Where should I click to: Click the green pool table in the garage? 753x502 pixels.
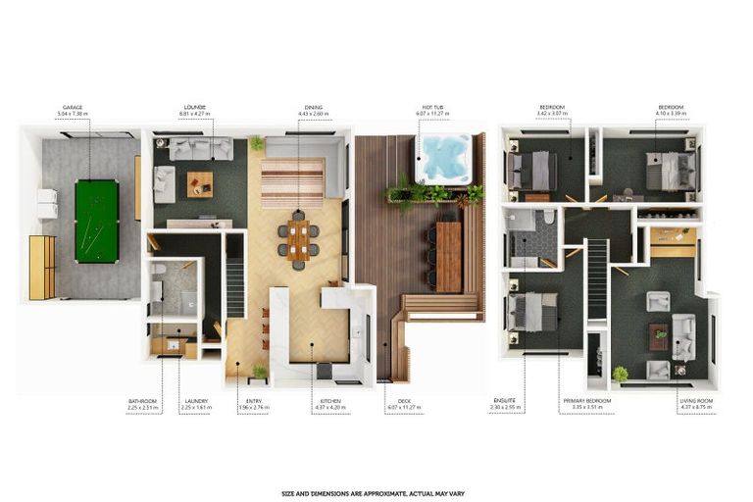pyautogui.click(x=96, y=221)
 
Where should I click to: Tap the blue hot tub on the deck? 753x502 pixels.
pyautogui.click(x=446, y=159)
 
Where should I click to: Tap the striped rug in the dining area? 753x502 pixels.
pyautogui.click(x=292, y=182)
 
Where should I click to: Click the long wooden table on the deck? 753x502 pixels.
pyautogui.click(x=448, y=255)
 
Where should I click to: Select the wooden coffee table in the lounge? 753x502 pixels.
pyautogui.click(x=200, y=182)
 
